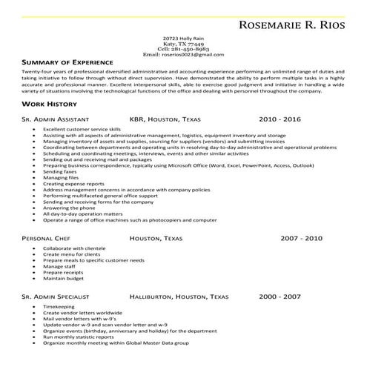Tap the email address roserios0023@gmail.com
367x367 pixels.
182,55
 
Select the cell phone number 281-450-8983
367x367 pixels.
182,49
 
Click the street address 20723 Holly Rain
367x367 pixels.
182,37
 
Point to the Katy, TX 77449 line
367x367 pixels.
182,43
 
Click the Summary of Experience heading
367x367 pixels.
67,62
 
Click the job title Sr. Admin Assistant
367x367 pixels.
56,119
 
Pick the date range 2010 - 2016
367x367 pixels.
280,119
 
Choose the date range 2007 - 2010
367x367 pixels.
301,239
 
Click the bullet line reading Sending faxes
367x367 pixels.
59,171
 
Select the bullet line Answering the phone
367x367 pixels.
70,208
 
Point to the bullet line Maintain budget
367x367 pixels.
64,278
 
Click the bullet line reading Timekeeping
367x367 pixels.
59,306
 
